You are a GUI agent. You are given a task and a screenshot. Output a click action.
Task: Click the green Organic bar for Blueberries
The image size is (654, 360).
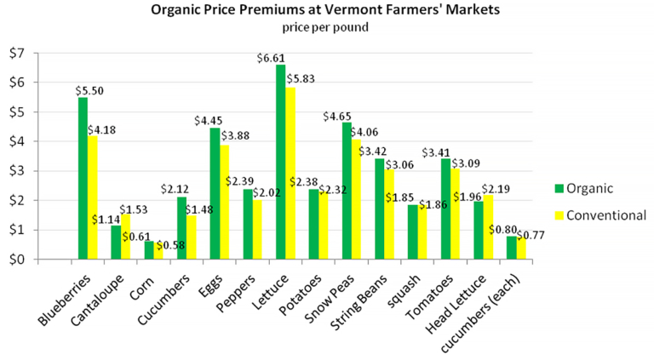point(83,179)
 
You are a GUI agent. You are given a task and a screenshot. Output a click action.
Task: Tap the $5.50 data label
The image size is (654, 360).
point(89,89)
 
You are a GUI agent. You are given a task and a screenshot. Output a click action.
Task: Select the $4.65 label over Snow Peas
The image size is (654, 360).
point(340,116)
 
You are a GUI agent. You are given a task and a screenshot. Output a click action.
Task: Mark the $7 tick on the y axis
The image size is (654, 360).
point(17,54)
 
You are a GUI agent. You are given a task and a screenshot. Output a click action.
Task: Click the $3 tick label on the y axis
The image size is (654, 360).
point(17,171)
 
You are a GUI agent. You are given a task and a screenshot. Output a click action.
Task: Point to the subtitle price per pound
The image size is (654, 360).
point(326,28)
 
